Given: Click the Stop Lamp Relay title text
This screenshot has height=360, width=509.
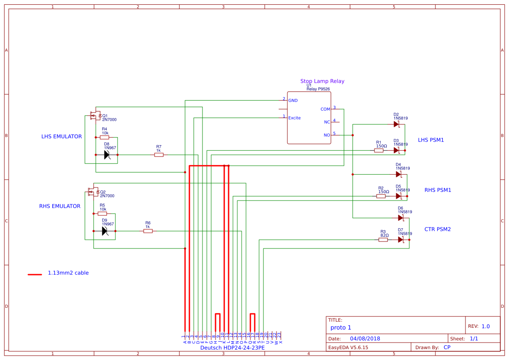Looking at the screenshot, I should (x=322, y=81).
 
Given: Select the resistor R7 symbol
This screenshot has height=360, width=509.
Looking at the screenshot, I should (x=159, y=155).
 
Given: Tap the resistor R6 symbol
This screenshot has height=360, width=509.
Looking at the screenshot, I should (x=148, y=231).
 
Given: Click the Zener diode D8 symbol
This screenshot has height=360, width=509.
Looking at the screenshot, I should (x=107, y=155).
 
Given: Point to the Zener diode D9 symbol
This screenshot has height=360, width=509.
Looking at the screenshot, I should (x=105, y=231).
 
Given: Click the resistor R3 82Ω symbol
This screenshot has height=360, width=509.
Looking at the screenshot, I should (x=383, y=240).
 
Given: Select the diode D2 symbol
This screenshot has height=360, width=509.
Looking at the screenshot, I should (x=396, y=124).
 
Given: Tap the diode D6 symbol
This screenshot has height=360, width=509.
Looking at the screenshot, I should (x=401, y=218).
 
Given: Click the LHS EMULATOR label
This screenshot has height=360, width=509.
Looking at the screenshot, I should (x=61, y=136).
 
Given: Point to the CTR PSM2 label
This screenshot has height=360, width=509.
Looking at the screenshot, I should (x=438, y=229).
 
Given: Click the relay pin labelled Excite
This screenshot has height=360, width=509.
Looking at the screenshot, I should (x=294, y=118).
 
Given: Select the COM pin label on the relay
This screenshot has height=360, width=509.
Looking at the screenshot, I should (x=325, y=109).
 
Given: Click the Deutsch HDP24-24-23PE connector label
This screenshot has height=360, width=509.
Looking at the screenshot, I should (x=232, y=348).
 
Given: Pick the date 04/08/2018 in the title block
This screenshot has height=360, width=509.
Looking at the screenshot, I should (x=365, y=339).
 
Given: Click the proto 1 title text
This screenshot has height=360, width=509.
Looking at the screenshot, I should (x=340, y=327).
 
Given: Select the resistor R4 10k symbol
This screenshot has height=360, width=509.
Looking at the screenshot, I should (x=104, y=137).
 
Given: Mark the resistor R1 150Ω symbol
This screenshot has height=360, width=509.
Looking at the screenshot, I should (x=379, y=150).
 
